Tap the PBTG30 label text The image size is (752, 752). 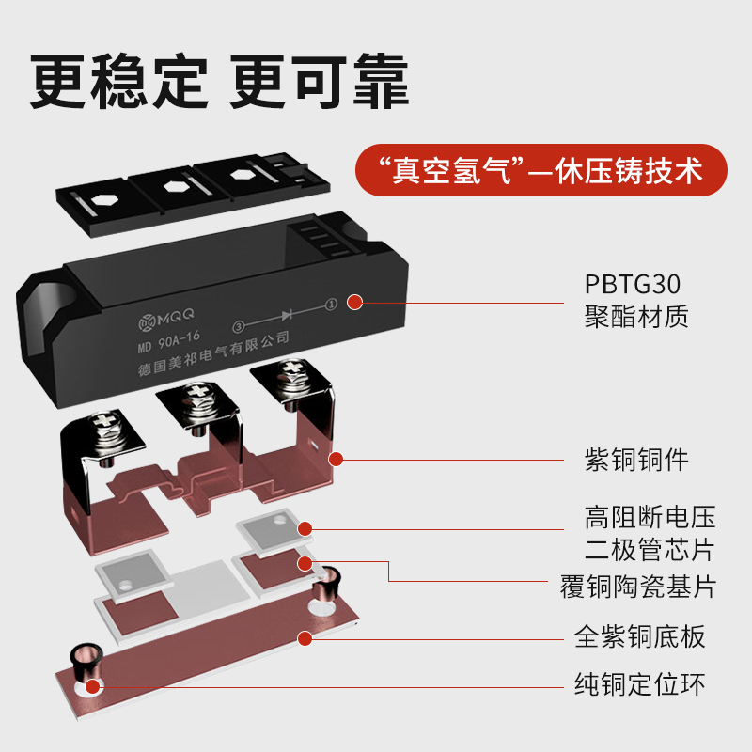coord(633,284)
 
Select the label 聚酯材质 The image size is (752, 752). coord(636,316)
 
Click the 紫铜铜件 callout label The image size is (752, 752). coord(636,460)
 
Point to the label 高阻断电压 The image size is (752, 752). coord(650,517)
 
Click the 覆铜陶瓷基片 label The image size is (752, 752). coord(637,587)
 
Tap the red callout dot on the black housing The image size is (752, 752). coord(354,302)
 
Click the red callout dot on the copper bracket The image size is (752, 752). coord(335,459)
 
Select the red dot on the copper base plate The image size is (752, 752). coord(305,638)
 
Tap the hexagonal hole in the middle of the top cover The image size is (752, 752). coord(174,185)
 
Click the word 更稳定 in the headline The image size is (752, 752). coord(118,83)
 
